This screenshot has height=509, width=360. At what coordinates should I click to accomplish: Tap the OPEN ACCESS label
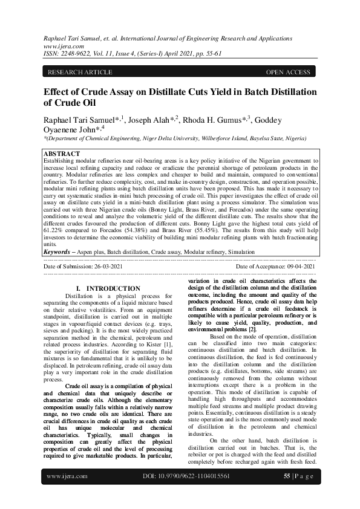[x=288, y=73]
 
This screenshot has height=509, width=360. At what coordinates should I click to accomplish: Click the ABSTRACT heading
[x=63, y=154]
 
